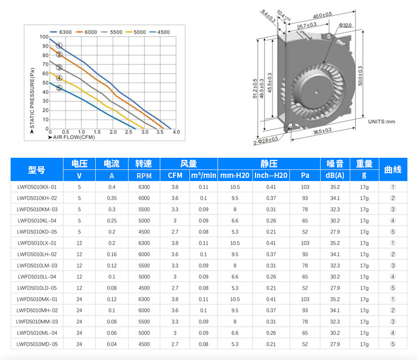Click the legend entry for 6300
61,32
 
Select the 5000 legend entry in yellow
135,32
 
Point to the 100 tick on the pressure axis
44,37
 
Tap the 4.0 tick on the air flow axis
176,132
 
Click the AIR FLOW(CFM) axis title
71,137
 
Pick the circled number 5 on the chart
59,88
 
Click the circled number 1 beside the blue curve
59,46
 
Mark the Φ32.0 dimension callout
345,25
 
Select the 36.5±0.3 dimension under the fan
322,131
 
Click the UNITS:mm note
381,122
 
